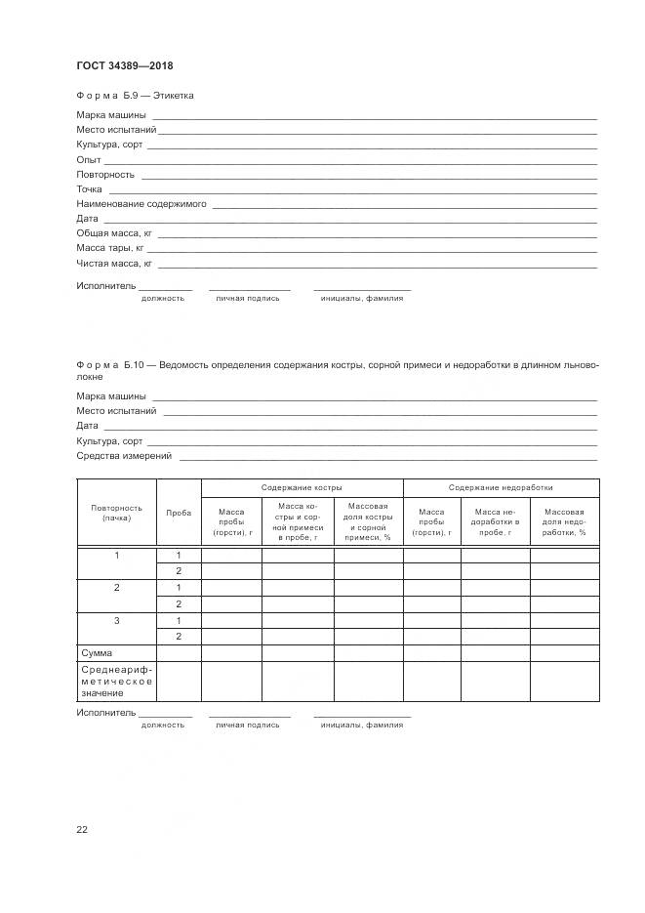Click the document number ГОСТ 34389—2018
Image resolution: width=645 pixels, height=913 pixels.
coord(124,66)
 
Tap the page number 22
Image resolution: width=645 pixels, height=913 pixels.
coord(82,830)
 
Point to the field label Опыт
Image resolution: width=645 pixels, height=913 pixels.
coord(88,159)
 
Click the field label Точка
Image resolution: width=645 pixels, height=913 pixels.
coord(89,189)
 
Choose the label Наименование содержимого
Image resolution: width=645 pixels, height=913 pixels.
coord(141,204)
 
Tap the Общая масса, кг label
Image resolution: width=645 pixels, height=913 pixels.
coord(114,233)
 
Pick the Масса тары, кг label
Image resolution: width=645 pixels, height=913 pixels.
coord(110,248)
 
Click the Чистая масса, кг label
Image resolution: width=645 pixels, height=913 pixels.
coord(114,264)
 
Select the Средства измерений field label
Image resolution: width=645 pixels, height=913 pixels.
coord(124,456)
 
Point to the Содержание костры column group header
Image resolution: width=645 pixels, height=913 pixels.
coord(302,487)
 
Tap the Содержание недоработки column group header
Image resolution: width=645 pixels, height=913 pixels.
coord(501,487)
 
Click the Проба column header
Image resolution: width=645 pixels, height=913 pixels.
coord(179,513)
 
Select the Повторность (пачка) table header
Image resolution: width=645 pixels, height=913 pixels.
coord(116,513)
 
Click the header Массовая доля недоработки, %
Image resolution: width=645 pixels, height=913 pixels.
coord(564,523)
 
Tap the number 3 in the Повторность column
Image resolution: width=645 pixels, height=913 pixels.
coord(116,620)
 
